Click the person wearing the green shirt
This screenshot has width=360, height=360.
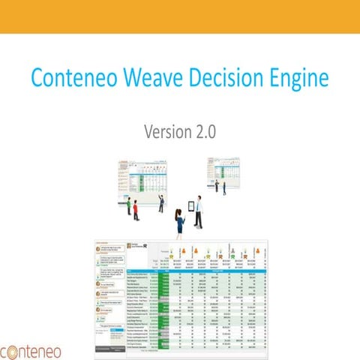point(128,205)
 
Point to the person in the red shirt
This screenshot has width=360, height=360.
point(136,211)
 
